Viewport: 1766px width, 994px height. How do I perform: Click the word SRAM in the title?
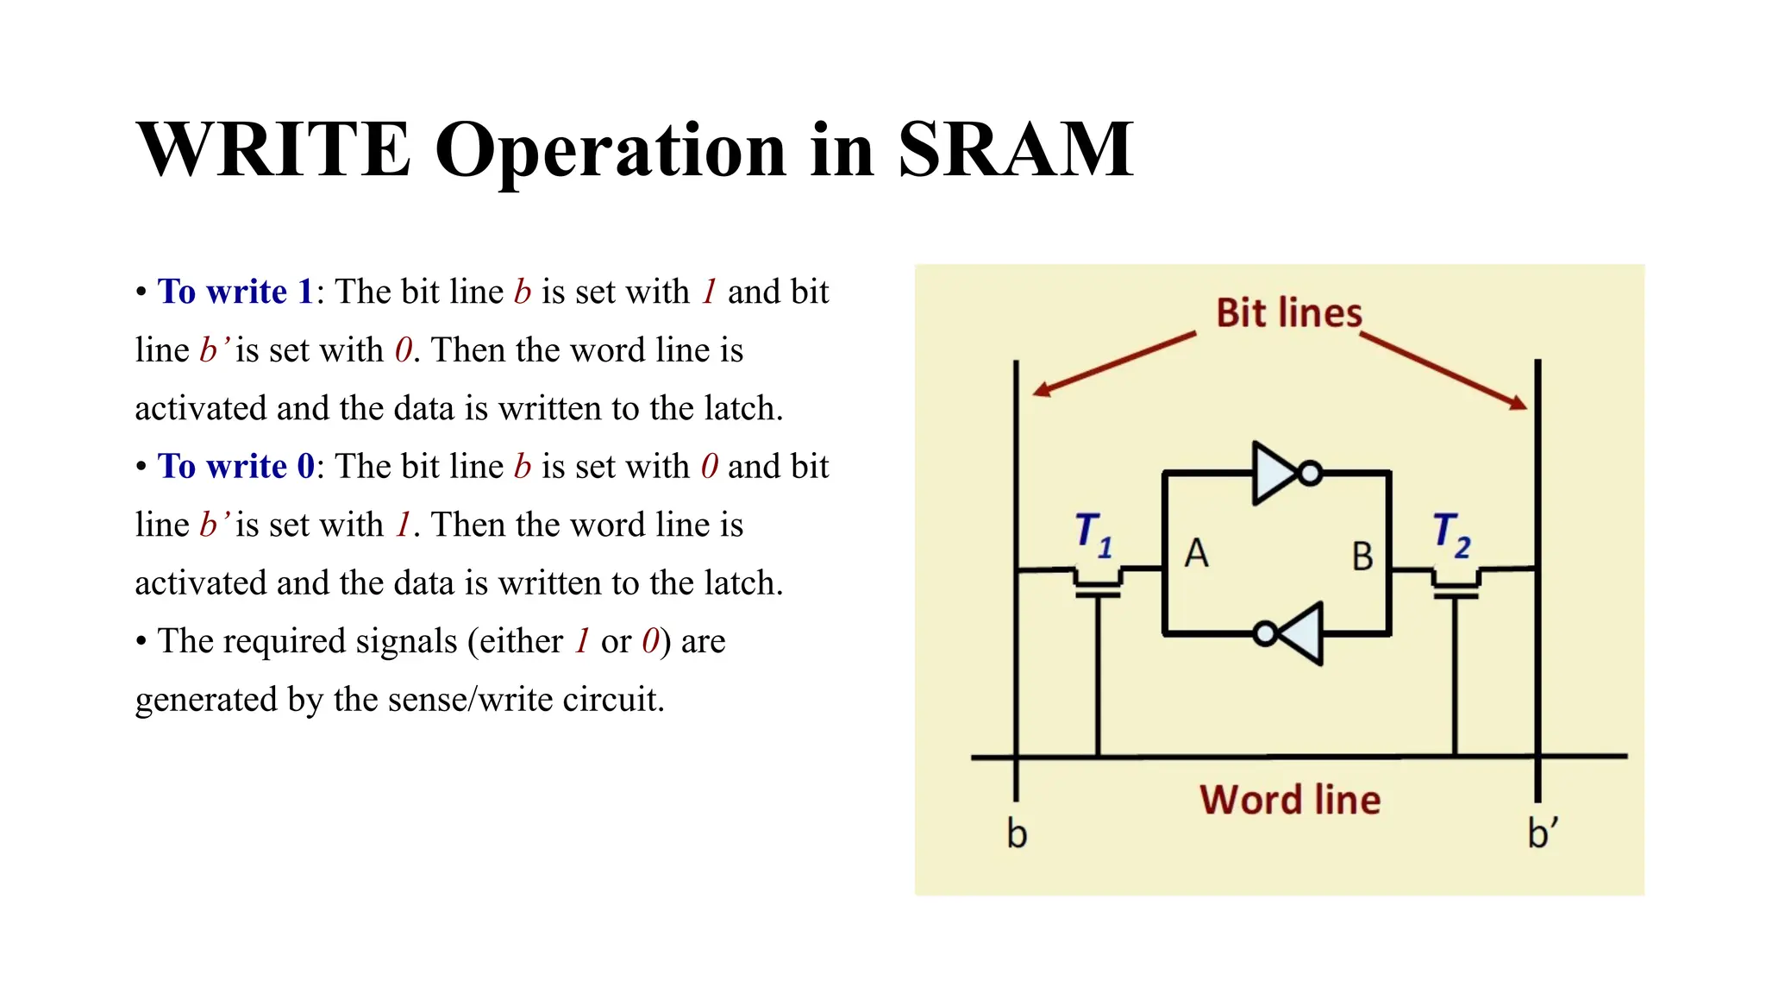tap(1015, 149)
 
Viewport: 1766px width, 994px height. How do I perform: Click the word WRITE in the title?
tap(273, 149)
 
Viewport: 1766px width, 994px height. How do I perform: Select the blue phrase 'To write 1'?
tap(235, 292)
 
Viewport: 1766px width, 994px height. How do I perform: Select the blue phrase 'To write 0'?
tap(235, 466)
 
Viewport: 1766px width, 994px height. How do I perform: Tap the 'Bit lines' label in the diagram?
tap(1288, 312)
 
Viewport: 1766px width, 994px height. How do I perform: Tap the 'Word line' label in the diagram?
tap(1290, 800)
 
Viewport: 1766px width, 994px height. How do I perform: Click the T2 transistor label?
tap(1451, 534)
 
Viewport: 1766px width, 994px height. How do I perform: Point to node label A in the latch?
tap(1196, 554)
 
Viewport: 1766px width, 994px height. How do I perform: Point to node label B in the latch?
tap(1362, 557)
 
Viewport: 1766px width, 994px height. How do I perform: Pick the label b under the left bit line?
tap(1017, 834)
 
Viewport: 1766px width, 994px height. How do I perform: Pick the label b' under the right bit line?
tap(1542, 834)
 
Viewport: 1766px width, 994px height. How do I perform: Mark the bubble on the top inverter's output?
tap(1311, 473)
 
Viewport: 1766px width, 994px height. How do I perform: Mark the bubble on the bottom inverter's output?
tap(1265, 635)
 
